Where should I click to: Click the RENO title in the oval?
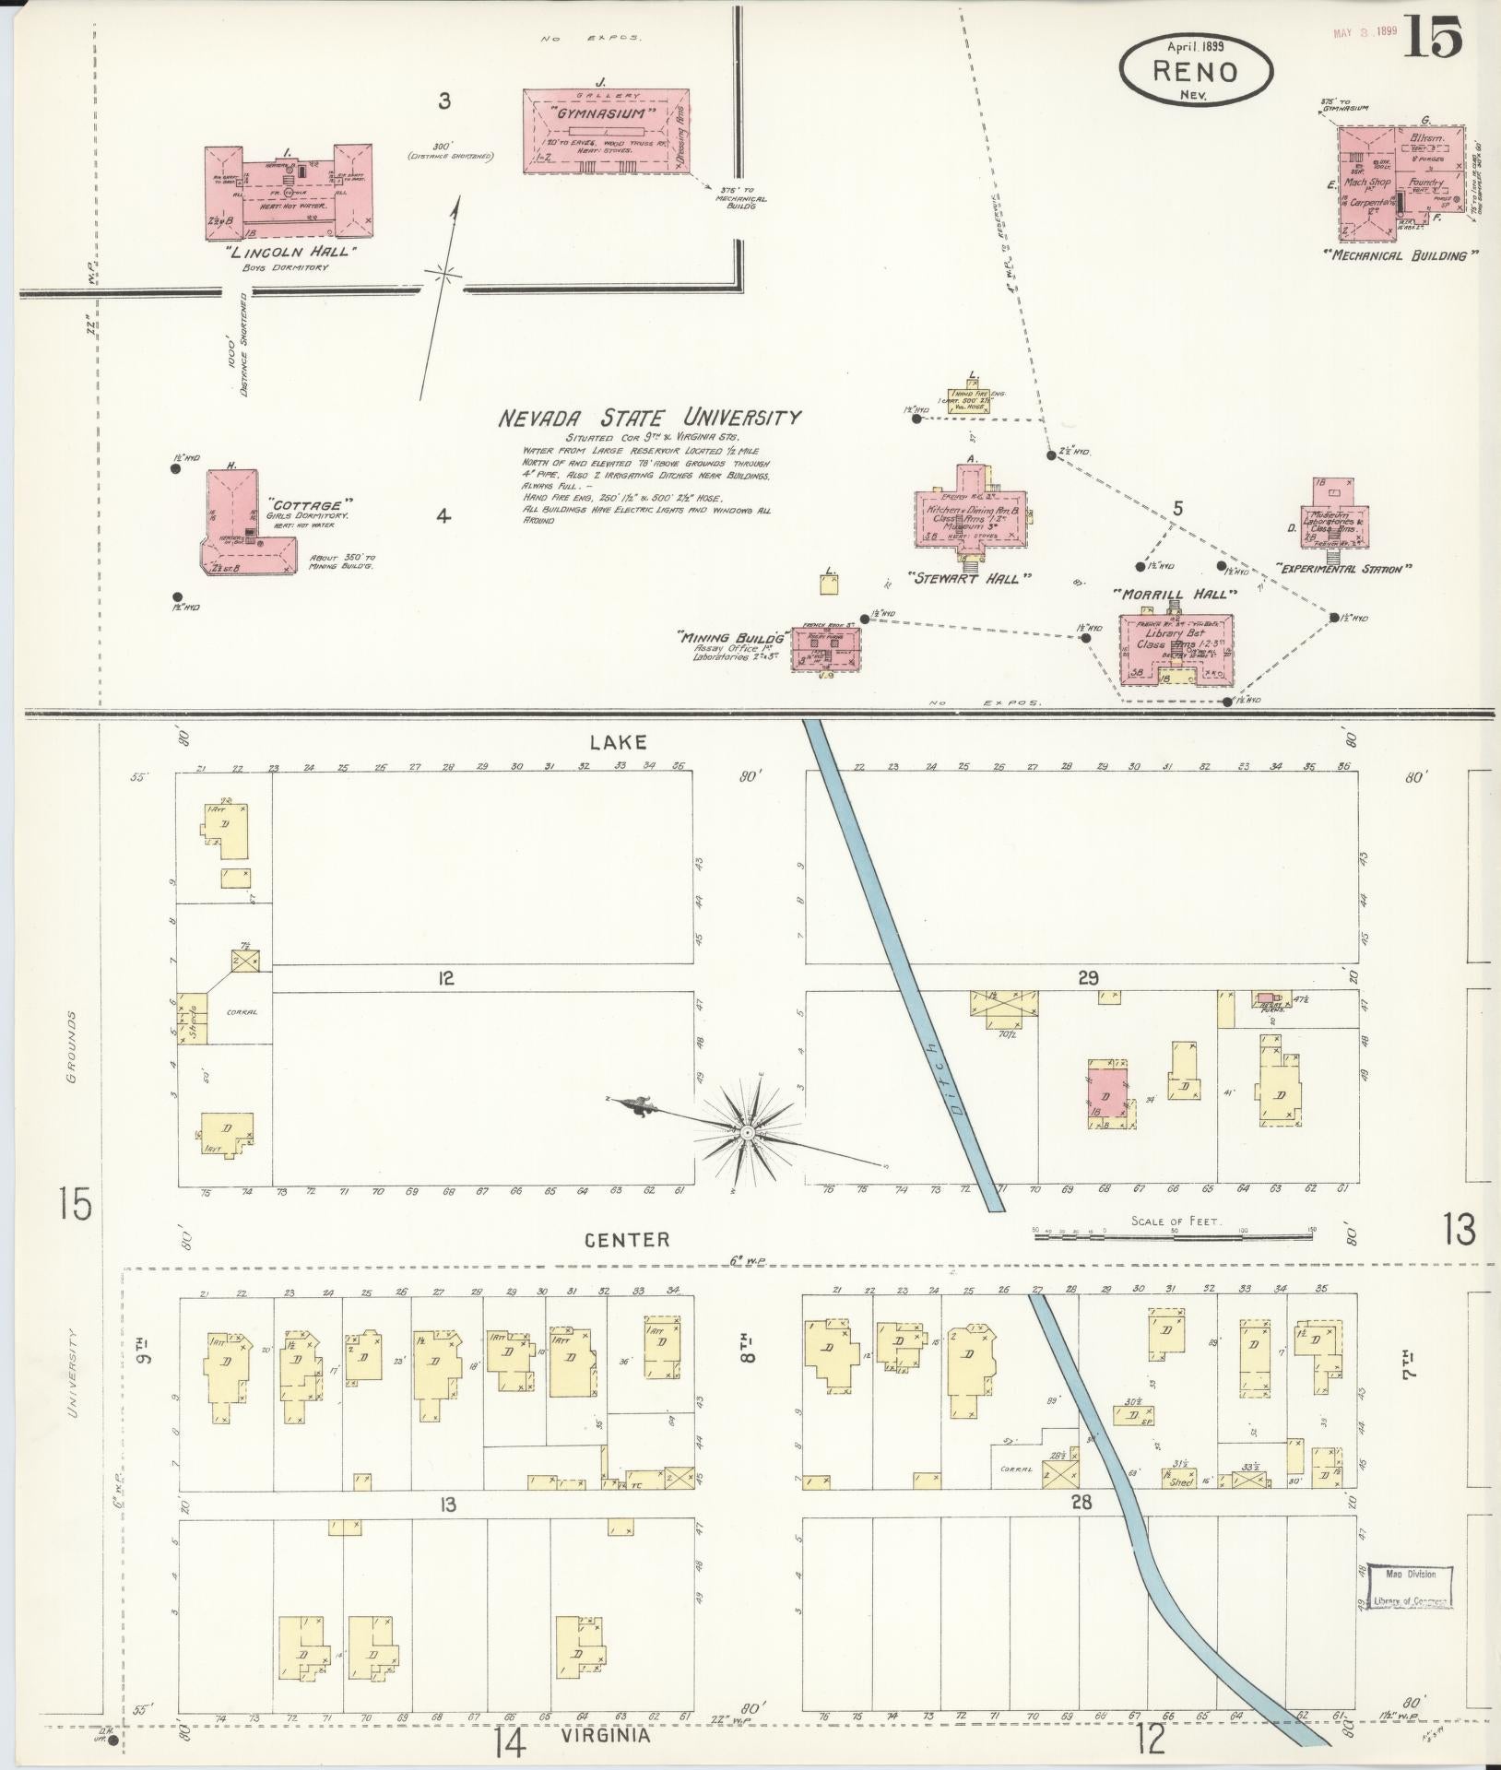pyautogui.click(x=1196, y=71)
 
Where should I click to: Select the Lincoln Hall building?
pyautogui.click(x=288, y=191)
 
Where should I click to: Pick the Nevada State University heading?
pyautogui.click(x=649, y=418)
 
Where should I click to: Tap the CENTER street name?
pyautogui.click(x=626, y=1239)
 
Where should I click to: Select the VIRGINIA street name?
pyautogui.click(x=605, y=1735)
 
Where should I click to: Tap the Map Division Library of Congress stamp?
pyautogui.click(x=1409, y=1587)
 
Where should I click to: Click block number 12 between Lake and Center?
pyautogui.click(x=446, y=977)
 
